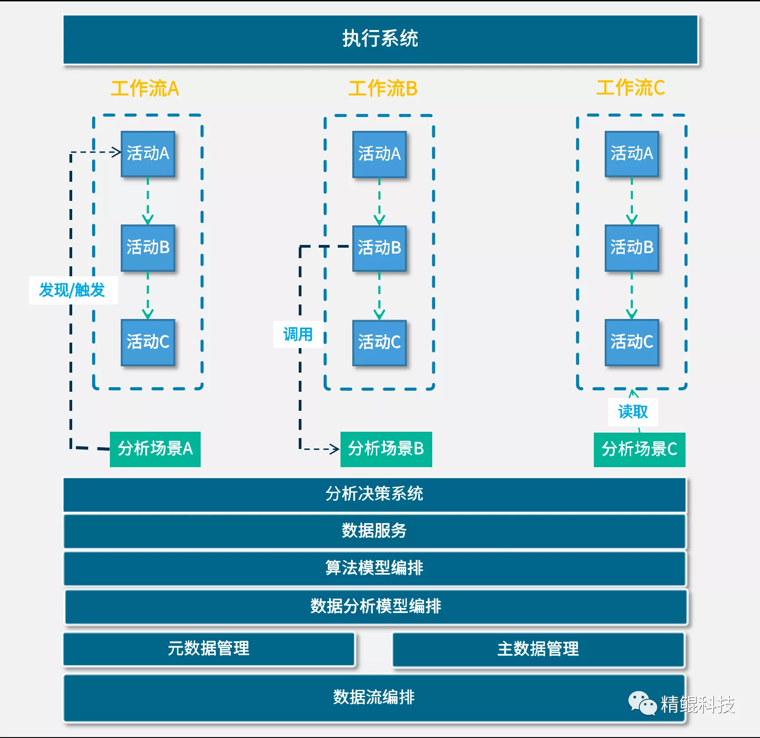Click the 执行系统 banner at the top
[x=380, y=39]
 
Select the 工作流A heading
[x=145, y=88]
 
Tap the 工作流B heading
[x=383, y=88]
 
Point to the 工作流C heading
[x=631, y=88]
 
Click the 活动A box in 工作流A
[x=148, y=154]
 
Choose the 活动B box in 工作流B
[x=380, y=248]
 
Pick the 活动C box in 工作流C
[x=632, y=342]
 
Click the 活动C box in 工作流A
[x=148, y=342]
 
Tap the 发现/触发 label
[x=73, y=290]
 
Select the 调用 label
[x=298, y=334]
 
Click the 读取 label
[x=633, y=412]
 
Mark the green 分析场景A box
[x=155, y=449]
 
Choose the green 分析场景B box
[x=386, y=449]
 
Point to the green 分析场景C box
[x=639, y=449]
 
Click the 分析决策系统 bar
[x=374, y=494]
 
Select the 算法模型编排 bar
[x=374, y=568]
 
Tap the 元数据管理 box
[x=209, y=649]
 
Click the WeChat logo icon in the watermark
[x=642, y=703]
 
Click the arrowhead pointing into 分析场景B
[x=335, y=449]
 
